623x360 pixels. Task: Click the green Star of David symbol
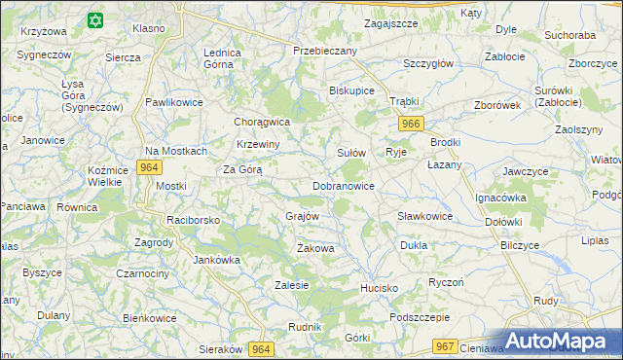(x=94, y=19)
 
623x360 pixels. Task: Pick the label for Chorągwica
(x=263, y=122)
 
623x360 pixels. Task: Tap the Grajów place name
(x=302, y=215)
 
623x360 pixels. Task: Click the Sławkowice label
(x=424, y=216)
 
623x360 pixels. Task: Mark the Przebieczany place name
(x=326, y=50)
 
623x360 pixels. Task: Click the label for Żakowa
(x=315, y=249)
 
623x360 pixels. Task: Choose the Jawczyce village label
(x=526, y=171)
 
